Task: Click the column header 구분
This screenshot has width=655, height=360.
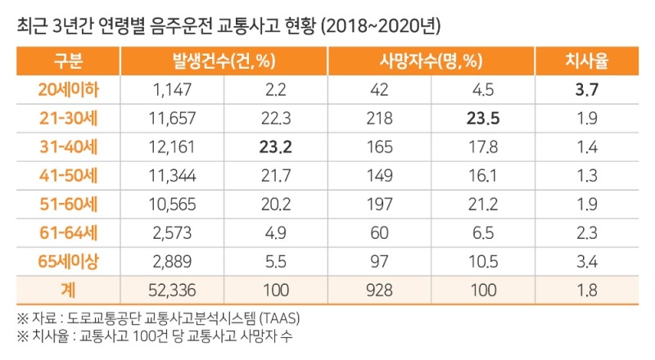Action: click(x=69, y=61)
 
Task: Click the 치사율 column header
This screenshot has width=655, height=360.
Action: click(x=585, y=61)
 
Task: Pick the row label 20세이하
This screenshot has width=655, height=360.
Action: click(x=69, y=90)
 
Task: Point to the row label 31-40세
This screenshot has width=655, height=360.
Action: click(x=69, y=147)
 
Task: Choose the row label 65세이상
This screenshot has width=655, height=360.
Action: click(x=69, y=262)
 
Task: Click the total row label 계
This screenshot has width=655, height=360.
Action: click(x=69, y=290)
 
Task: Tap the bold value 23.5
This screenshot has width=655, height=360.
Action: click(x=481, y=119)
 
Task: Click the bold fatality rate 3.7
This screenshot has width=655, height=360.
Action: click(x=585, y=90)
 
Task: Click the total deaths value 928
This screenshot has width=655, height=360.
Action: click(x=379, y=290)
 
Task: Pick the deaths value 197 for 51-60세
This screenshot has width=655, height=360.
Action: click(x=379, y=205)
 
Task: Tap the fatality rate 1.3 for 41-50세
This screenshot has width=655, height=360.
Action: click(x=585, y=176)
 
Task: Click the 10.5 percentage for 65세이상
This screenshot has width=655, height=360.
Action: click(x=481, y=262)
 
